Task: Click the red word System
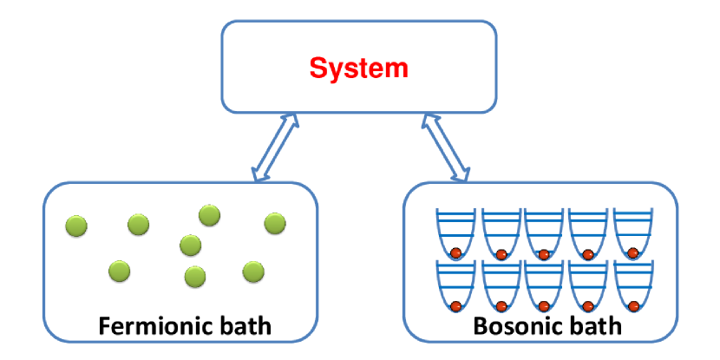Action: click(359, 67)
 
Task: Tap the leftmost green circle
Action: click(77, 226)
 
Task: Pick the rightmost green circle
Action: click(275, 223)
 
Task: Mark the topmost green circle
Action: click(209, 214)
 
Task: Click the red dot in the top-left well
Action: click(454, 253)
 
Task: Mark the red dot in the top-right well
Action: click(632, 253)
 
